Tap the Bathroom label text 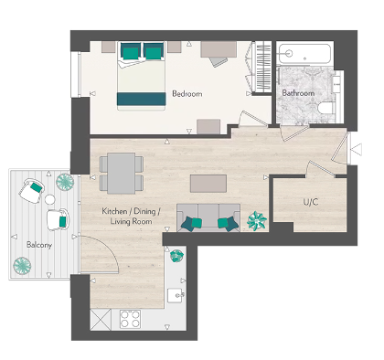(x=298, y=93)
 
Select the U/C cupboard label (x=310, y=201)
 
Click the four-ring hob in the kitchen (x=130, y=322)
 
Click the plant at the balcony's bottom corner (x=21, y=266)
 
